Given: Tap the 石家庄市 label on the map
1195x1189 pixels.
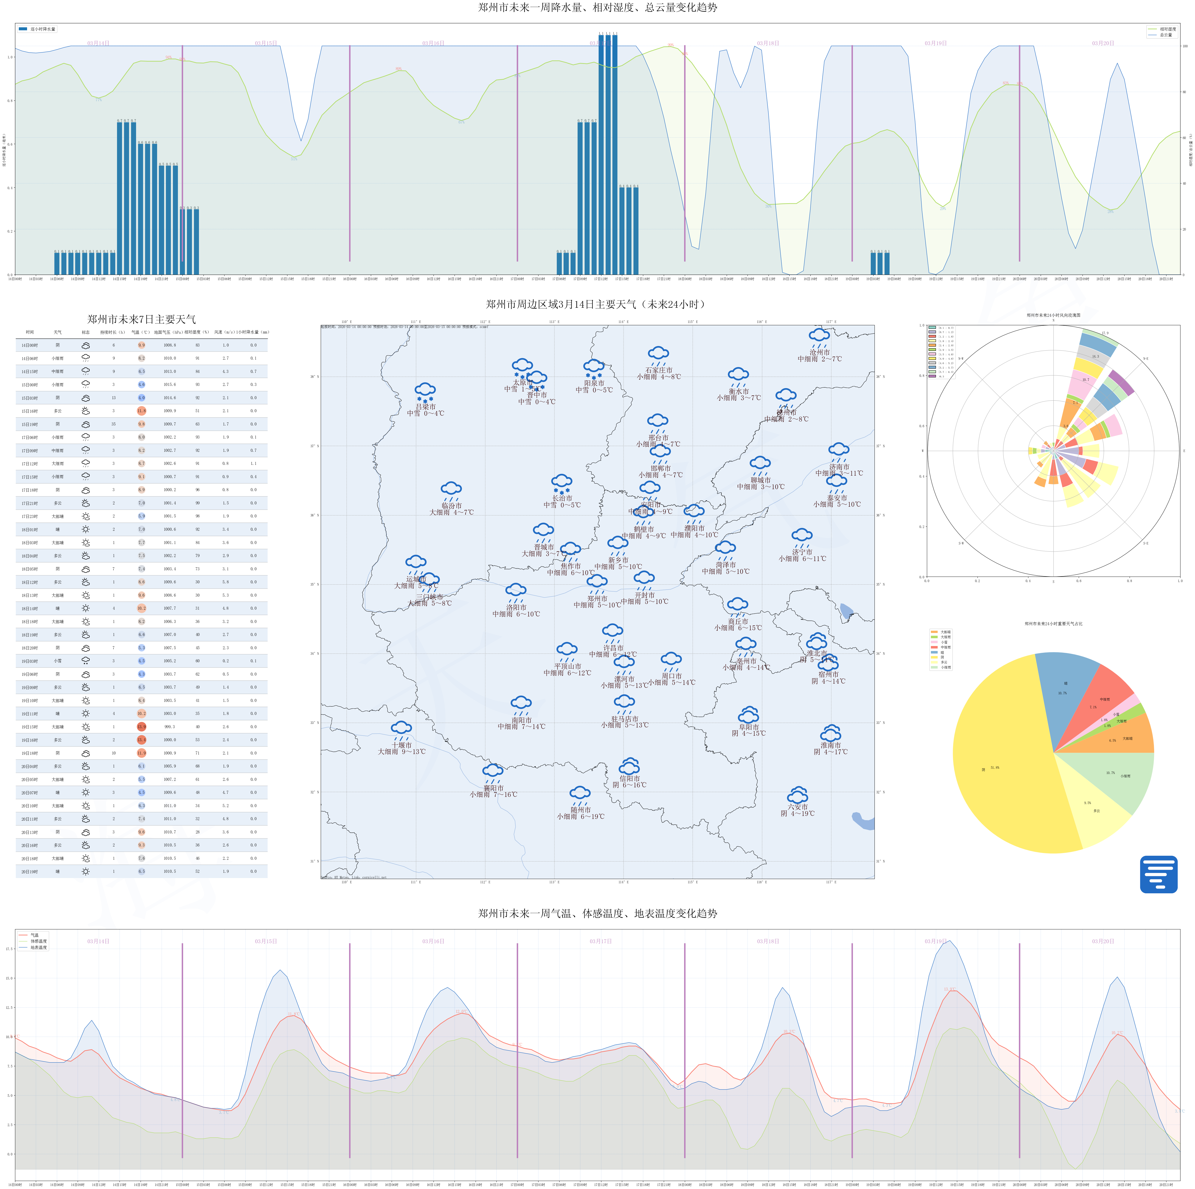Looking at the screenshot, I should pos(659,370).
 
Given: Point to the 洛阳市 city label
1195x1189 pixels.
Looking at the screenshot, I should pos(516,607).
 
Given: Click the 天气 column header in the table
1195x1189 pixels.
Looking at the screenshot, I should pos(58,332).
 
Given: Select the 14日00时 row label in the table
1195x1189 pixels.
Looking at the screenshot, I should pos(30,345).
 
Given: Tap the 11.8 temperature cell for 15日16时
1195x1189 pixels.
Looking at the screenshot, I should pos(142,411).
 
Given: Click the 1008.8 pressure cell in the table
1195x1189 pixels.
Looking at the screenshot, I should pos(169,345).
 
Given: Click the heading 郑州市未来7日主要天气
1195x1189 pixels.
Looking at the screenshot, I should pos(142,319).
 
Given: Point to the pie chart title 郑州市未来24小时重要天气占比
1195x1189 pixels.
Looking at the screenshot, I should pos(1053,624).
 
